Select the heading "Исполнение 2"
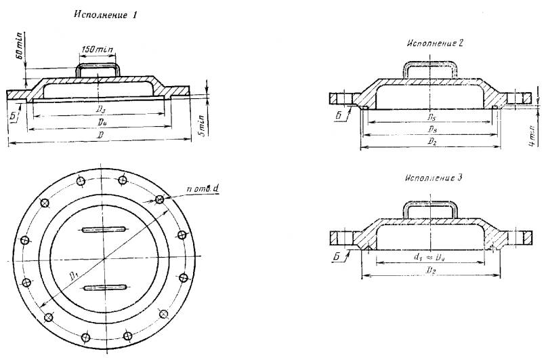coord(435,43)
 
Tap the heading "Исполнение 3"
coord(434,178)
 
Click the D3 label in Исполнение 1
coord(99,108)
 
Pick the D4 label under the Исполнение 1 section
coord(100,122)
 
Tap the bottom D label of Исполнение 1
coord(100,136)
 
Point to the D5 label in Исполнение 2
coord(431,117)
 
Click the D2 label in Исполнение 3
coord(431,269)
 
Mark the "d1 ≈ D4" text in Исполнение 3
coord(430,256)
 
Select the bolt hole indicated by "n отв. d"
coord(160,199)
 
